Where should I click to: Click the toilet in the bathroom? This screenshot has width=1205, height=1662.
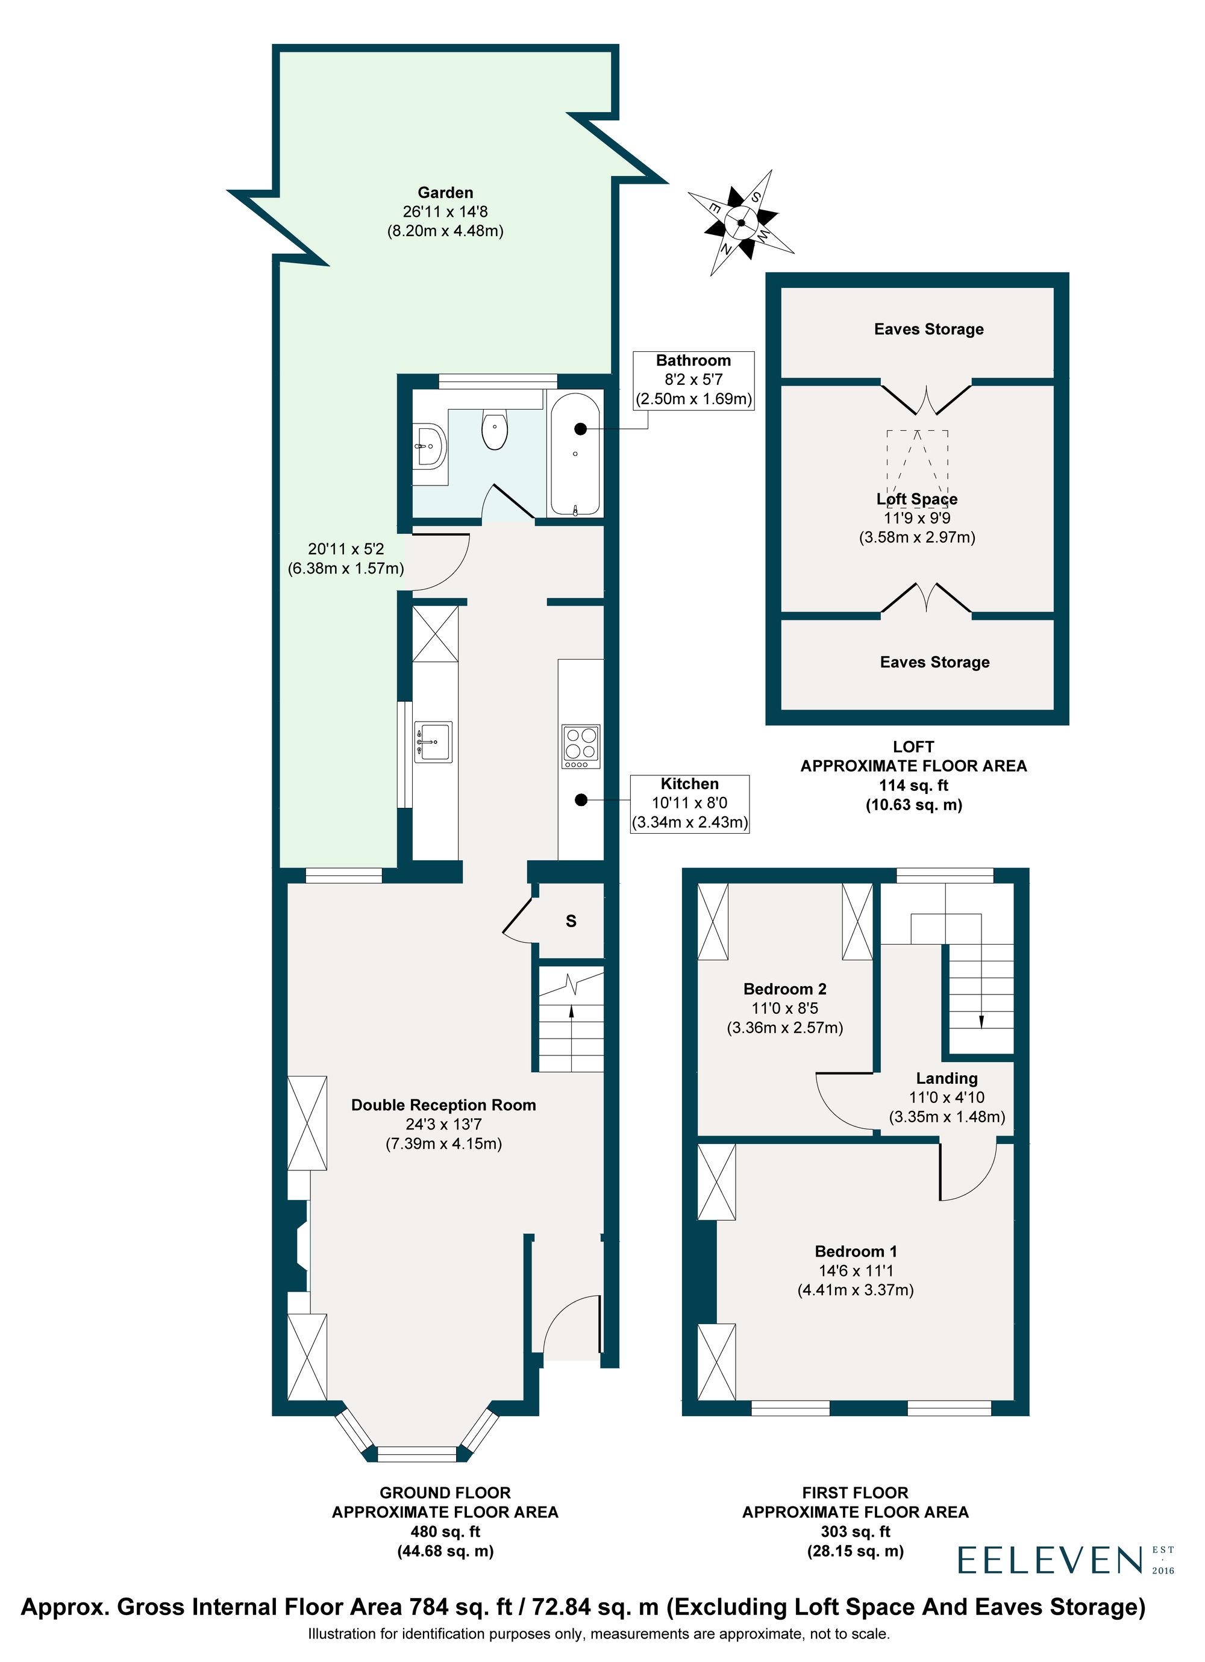[x=495, y=430]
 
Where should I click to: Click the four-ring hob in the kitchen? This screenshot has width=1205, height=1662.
[x=581, y=745]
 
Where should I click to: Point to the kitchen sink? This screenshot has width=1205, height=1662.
[x=433, y=741]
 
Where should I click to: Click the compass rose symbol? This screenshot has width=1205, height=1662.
[x=740, y=223]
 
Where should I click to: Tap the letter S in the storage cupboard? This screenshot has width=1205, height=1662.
[x=571, y=921]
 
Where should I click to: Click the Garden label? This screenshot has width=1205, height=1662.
[x=445, y=193]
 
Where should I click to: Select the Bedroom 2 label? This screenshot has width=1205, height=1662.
[x=784, y=989]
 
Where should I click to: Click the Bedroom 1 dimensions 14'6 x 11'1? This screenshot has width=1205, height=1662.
[x=856, y=1270]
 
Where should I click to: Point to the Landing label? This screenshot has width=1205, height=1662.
[x=947, y=1078]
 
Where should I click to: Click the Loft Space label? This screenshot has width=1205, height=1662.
[x=916, y=499]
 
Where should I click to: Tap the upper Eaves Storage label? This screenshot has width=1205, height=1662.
[x=928, y=329]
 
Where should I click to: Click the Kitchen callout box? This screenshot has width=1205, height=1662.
[x=689, y=803]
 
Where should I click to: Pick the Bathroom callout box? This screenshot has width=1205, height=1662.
[x=693, y=380]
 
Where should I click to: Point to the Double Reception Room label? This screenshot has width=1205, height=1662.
[x=443, y=1105]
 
